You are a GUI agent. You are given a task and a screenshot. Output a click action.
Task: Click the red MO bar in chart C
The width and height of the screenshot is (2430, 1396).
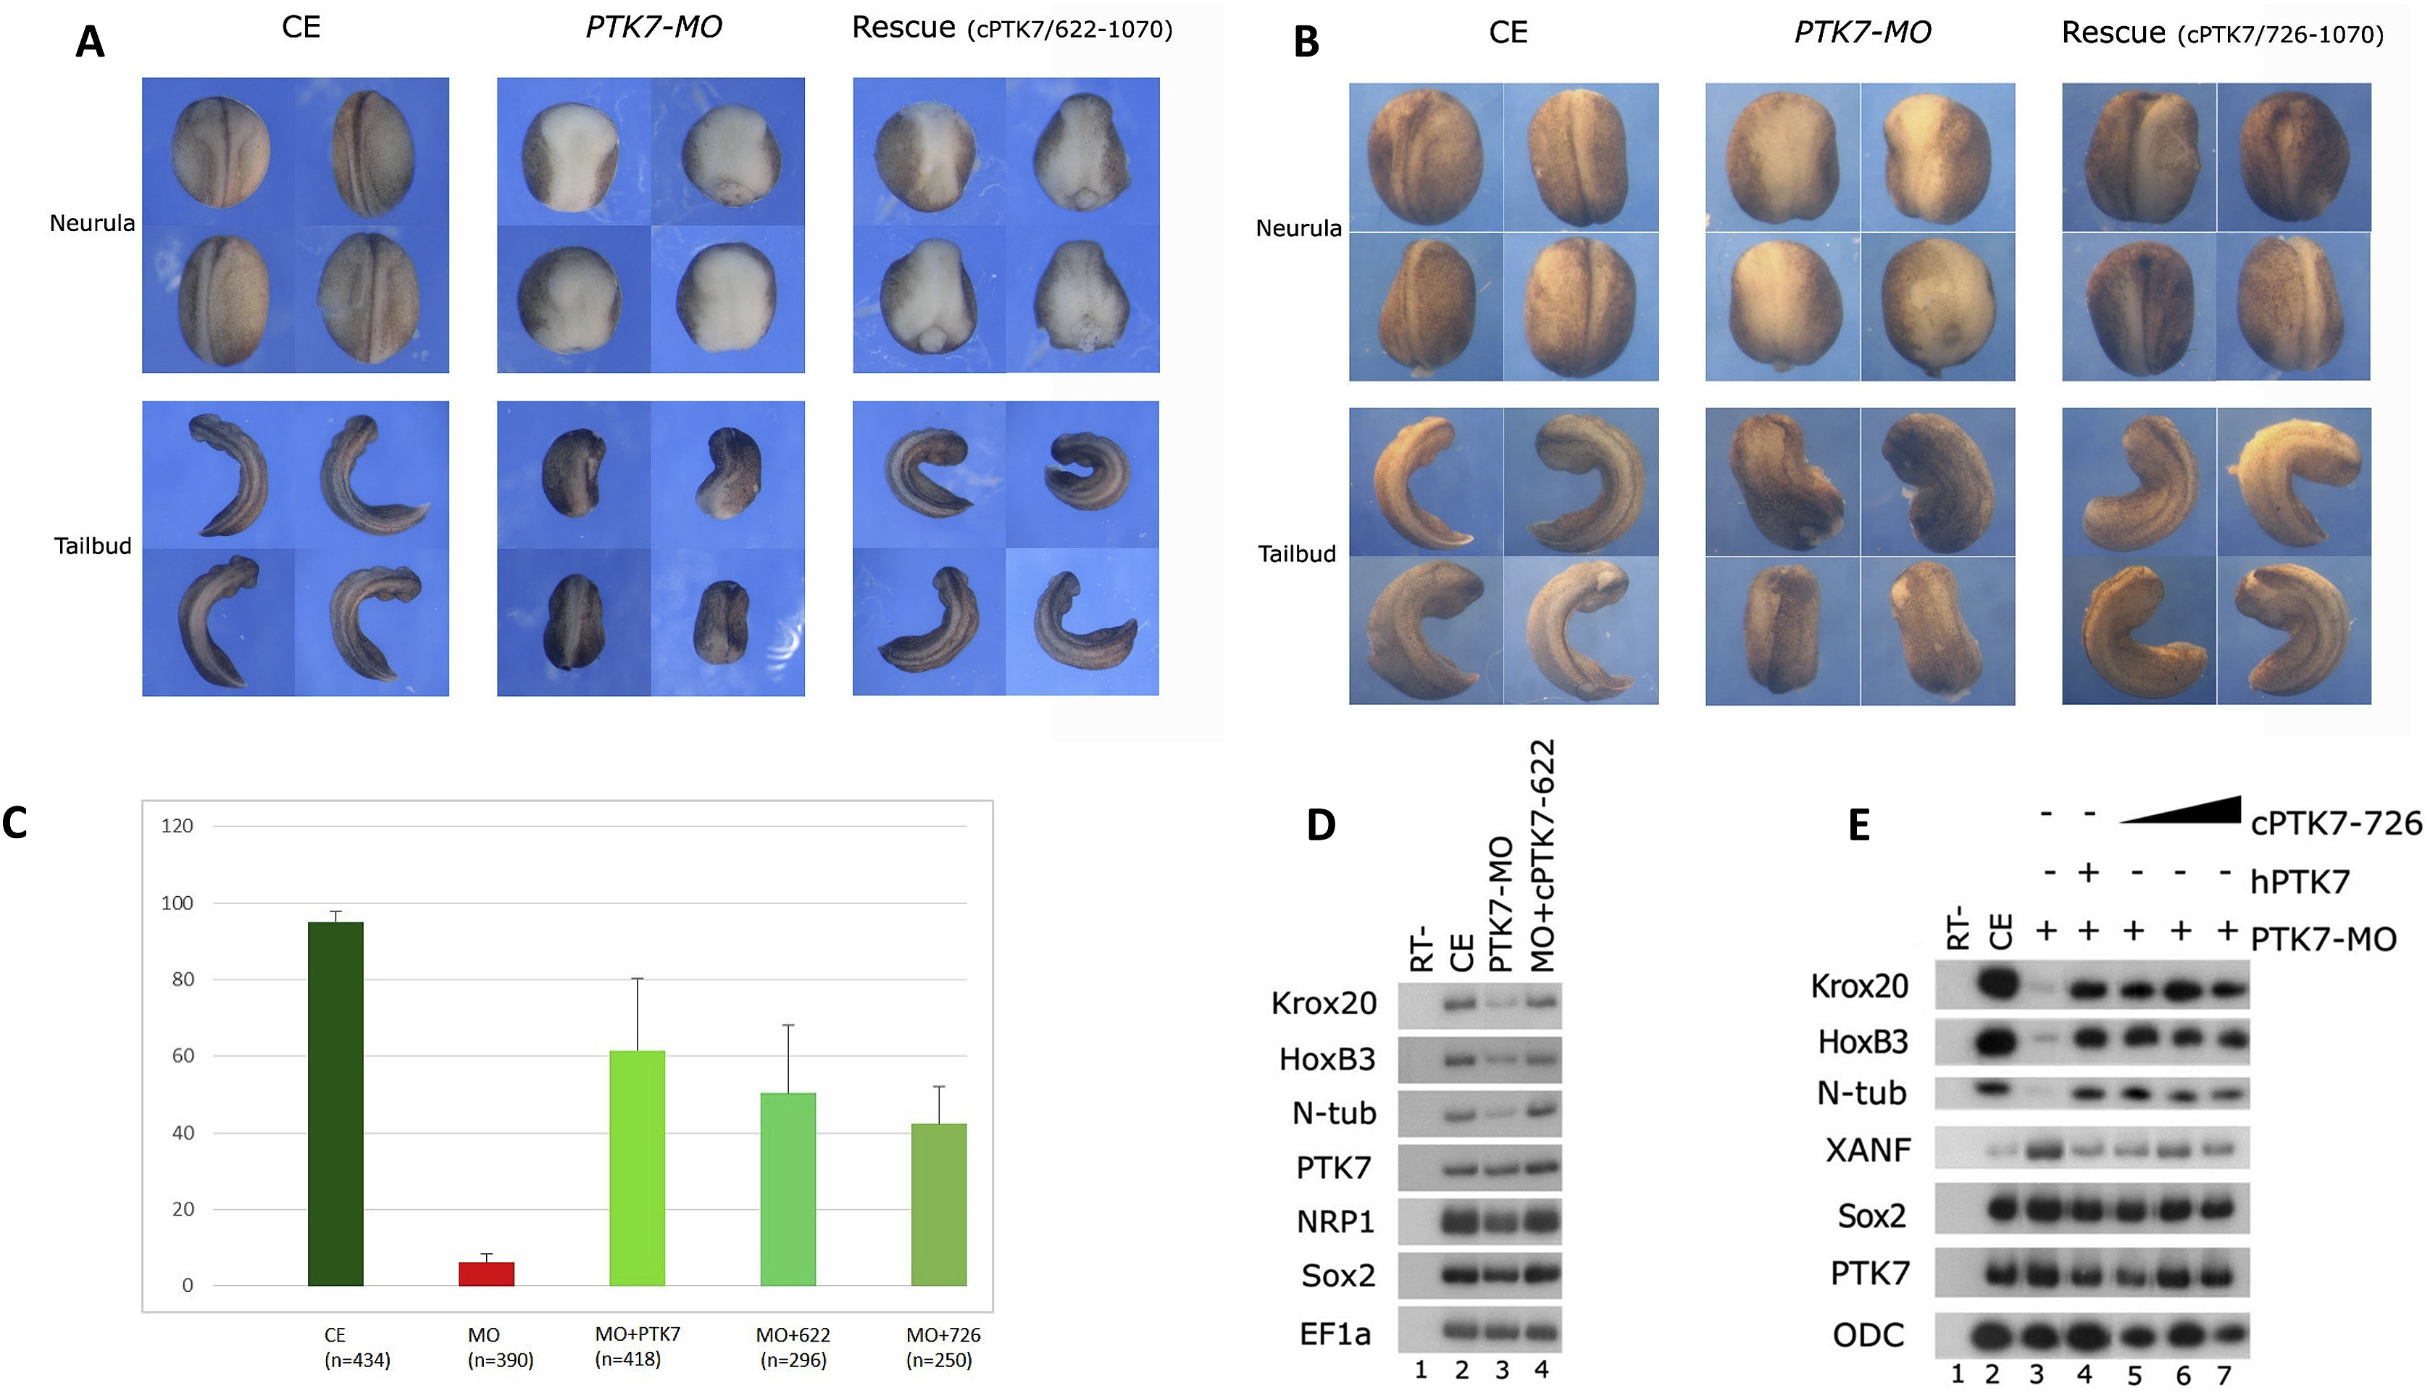point(486,1274)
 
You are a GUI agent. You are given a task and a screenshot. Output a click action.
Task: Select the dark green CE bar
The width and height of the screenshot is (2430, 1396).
point(335,1103)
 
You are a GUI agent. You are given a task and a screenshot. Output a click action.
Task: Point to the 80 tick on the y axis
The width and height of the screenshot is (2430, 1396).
point(182,979)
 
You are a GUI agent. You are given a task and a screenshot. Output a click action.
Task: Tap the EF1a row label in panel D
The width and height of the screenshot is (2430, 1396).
point(1335,1334)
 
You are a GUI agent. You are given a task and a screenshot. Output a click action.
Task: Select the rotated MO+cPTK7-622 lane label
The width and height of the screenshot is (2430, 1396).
point(1542,856)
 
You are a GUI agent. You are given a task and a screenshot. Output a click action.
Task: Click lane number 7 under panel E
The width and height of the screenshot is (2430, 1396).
point(2228,1374)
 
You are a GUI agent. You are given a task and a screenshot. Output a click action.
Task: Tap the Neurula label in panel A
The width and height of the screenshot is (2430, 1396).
point(92,223)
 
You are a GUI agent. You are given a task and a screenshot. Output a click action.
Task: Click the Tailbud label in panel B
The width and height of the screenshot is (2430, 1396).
point(1296,554)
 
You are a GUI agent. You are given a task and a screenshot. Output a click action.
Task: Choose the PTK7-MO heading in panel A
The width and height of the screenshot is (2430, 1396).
point(654,28)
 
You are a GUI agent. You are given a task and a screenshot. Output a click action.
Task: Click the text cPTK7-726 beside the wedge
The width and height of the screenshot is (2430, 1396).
point(2335,823)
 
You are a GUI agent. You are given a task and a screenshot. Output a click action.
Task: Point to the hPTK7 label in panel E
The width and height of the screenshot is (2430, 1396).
point(2300,881)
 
